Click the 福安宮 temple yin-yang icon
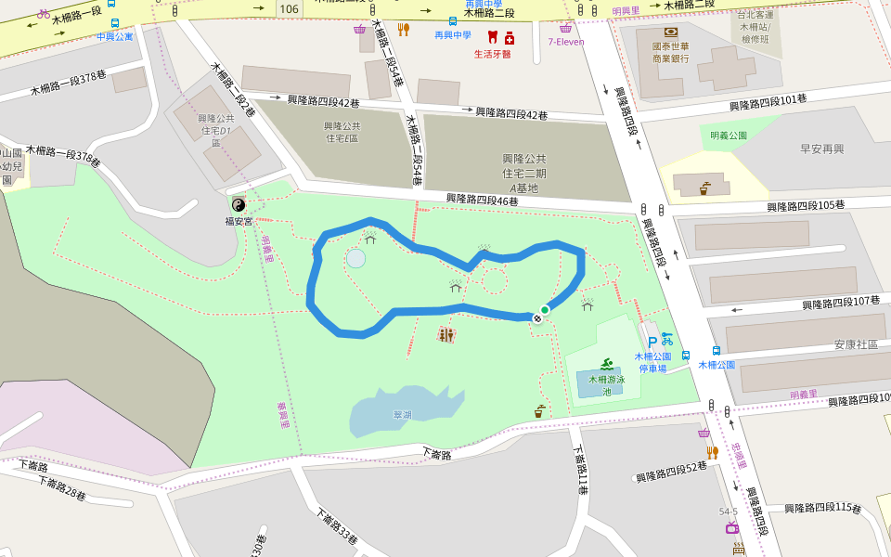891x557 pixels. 238,205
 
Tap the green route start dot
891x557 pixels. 545,310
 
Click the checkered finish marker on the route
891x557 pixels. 536,317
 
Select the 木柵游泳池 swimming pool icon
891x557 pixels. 607,363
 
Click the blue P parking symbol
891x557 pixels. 652,341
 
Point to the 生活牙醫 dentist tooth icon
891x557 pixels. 493,39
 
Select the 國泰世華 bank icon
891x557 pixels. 670,32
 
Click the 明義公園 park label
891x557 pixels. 729,136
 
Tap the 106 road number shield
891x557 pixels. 289,8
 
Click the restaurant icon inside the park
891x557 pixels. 446,334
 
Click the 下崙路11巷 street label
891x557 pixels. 580,470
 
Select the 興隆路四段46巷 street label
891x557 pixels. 482,199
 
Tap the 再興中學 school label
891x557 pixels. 453,35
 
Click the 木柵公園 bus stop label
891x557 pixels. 717,365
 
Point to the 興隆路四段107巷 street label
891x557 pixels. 841,303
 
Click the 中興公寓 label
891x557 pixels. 114,37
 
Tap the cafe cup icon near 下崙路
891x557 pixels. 539,410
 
